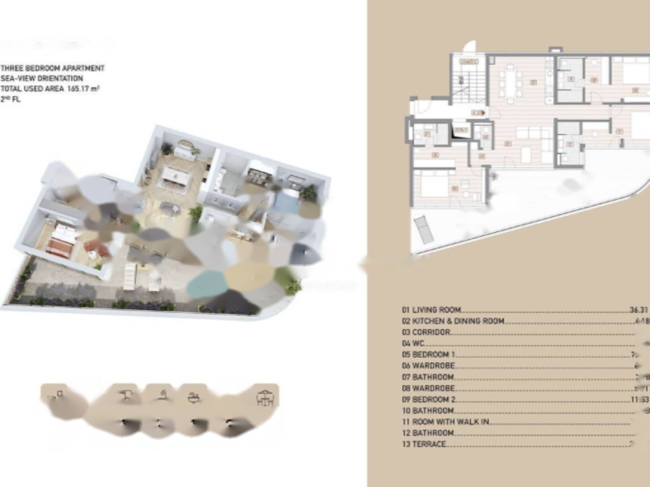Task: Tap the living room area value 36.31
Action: tap(639, 310)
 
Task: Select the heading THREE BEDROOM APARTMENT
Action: tap(53, 68)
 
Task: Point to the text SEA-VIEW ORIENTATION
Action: tap(42, 79)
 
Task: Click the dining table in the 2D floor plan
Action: tap(510, 83)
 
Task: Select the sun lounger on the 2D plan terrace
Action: tap(424, 229)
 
